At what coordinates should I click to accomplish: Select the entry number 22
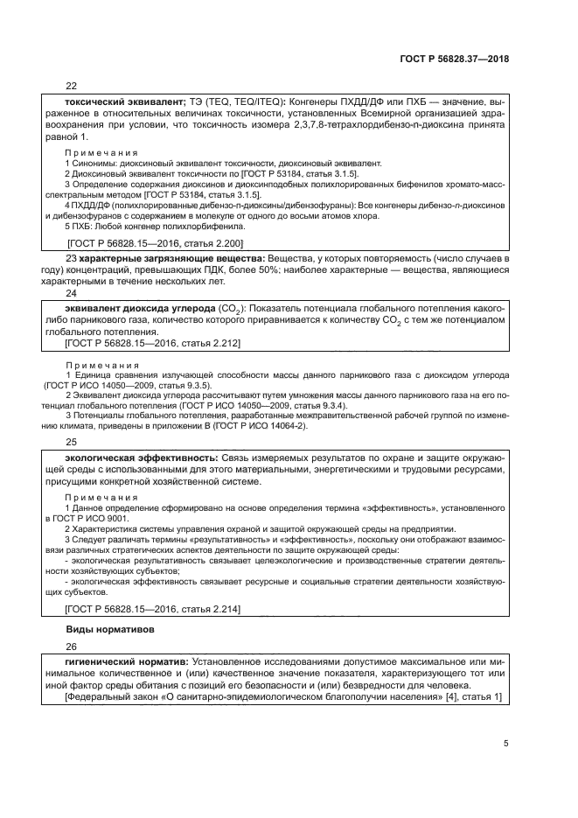(72, 86)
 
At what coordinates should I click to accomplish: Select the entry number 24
(72, 318)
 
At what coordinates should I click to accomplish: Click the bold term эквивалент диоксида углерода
(140, 333)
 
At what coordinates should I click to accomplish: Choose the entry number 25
(72, 442)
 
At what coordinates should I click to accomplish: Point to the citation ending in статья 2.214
(154, 608)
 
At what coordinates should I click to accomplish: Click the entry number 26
(72, 647)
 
